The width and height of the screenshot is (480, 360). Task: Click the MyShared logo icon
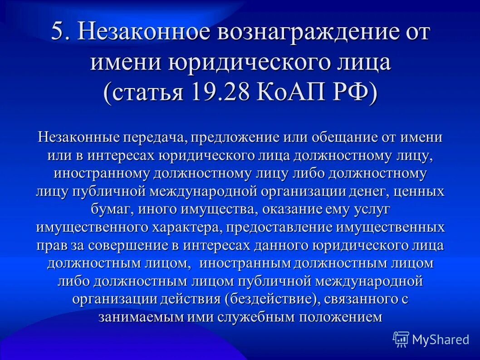(401, 339)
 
